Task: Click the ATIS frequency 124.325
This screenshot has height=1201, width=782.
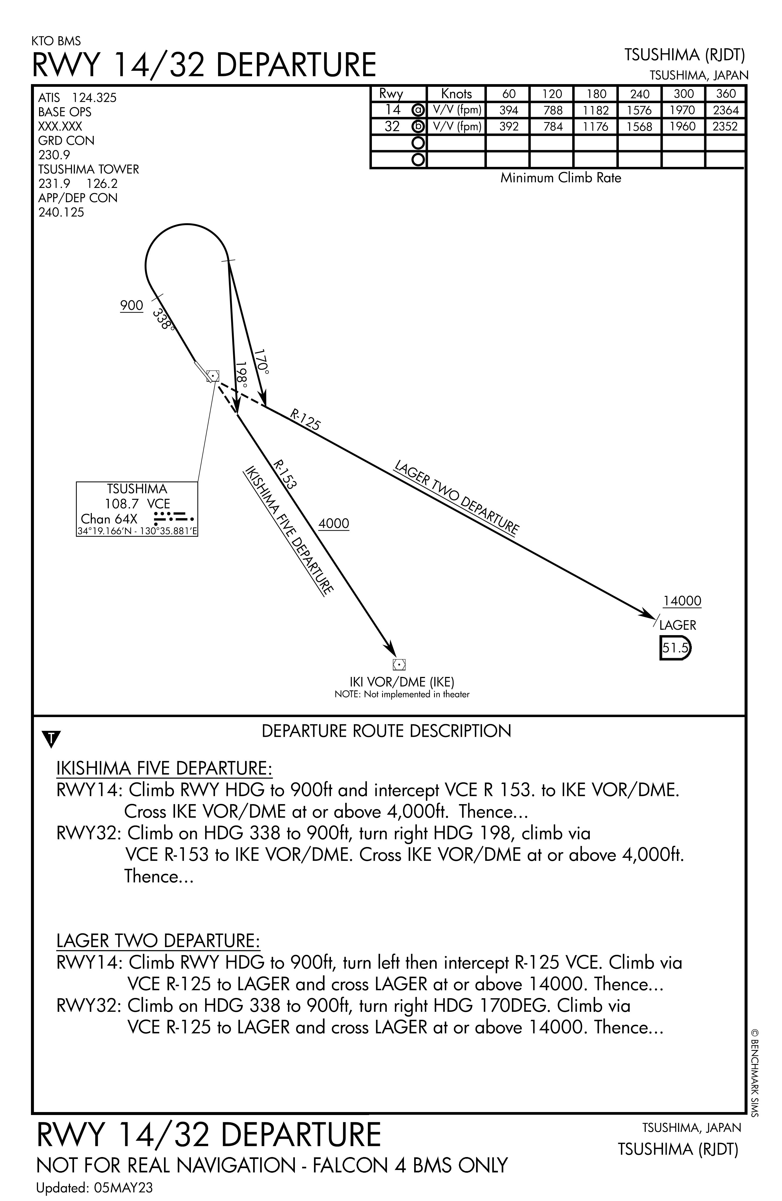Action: pos(94,98)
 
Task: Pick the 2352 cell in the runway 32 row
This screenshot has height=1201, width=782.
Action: pos(725,127)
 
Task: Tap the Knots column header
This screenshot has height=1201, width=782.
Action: pos(456,94)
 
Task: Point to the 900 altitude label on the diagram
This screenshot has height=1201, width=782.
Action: pos(132,306)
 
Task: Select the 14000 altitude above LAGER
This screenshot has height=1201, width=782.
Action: pos(682,601)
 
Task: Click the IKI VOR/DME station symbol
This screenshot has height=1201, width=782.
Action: pos(399,665)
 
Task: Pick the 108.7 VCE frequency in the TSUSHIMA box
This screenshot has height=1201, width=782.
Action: pos(137,504)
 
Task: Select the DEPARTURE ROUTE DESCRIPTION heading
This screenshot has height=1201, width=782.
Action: pos(386,731)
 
